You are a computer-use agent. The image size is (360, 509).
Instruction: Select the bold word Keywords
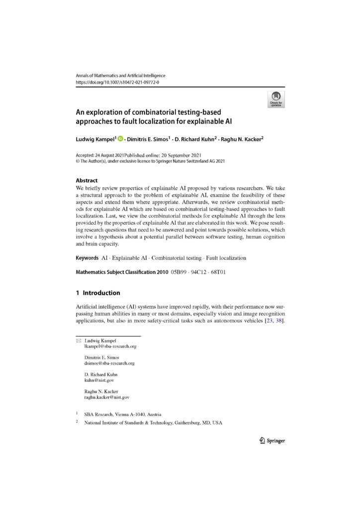click(87, 258)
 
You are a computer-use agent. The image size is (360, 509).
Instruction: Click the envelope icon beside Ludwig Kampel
click(78, 340)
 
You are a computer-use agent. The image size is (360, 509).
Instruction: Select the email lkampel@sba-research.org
click(110, 346)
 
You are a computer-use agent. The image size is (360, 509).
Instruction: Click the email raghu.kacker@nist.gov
click(107, 398)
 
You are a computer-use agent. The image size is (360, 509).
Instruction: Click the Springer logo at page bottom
click(272, 440)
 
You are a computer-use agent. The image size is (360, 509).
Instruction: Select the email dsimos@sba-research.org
click(109, 363)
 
